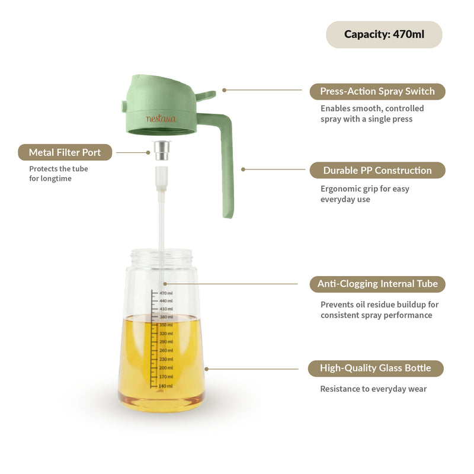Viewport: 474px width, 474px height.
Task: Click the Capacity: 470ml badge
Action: [x=384, y=34]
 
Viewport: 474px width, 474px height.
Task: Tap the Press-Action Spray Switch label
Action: [x=377, y=91]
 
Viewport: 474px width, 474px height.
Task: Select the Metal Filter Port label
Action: [x=66, y=152]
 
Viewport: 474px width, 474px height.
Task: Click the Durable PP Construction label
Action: [x=377, y=171]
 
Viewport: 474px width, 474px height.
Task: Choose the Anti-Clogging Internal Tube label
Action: [x=377, y=284]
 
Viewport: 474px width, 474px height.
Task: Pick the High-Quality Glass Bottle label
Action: [x=376, y=368]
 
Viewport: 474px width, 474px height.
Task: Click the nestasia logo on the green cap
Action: [x=161, y=118]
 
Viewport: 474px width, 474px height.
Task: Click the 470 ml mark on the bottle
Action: [x=165, y=293]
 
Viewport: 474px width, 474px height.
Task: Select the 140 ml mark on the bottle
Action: [x=165, y=386]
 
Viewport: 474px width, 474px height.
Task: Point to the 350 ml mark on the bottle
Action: [x=165, y=325]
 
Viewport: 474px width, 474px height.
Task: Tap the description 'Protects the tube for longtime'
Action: [x=59, y=173]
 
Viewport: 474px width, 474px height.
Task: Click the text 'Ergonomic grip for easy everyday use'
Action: [x=364, y=194]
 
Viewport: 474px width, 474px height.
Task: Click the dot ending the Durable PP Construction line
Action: [x=242, y=169]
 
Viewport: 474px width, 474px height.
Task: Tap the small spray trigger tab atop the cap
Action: [x=205, y=94]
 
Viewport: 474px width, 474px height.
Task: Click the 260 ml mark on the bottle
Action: [x=165, y=350]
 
